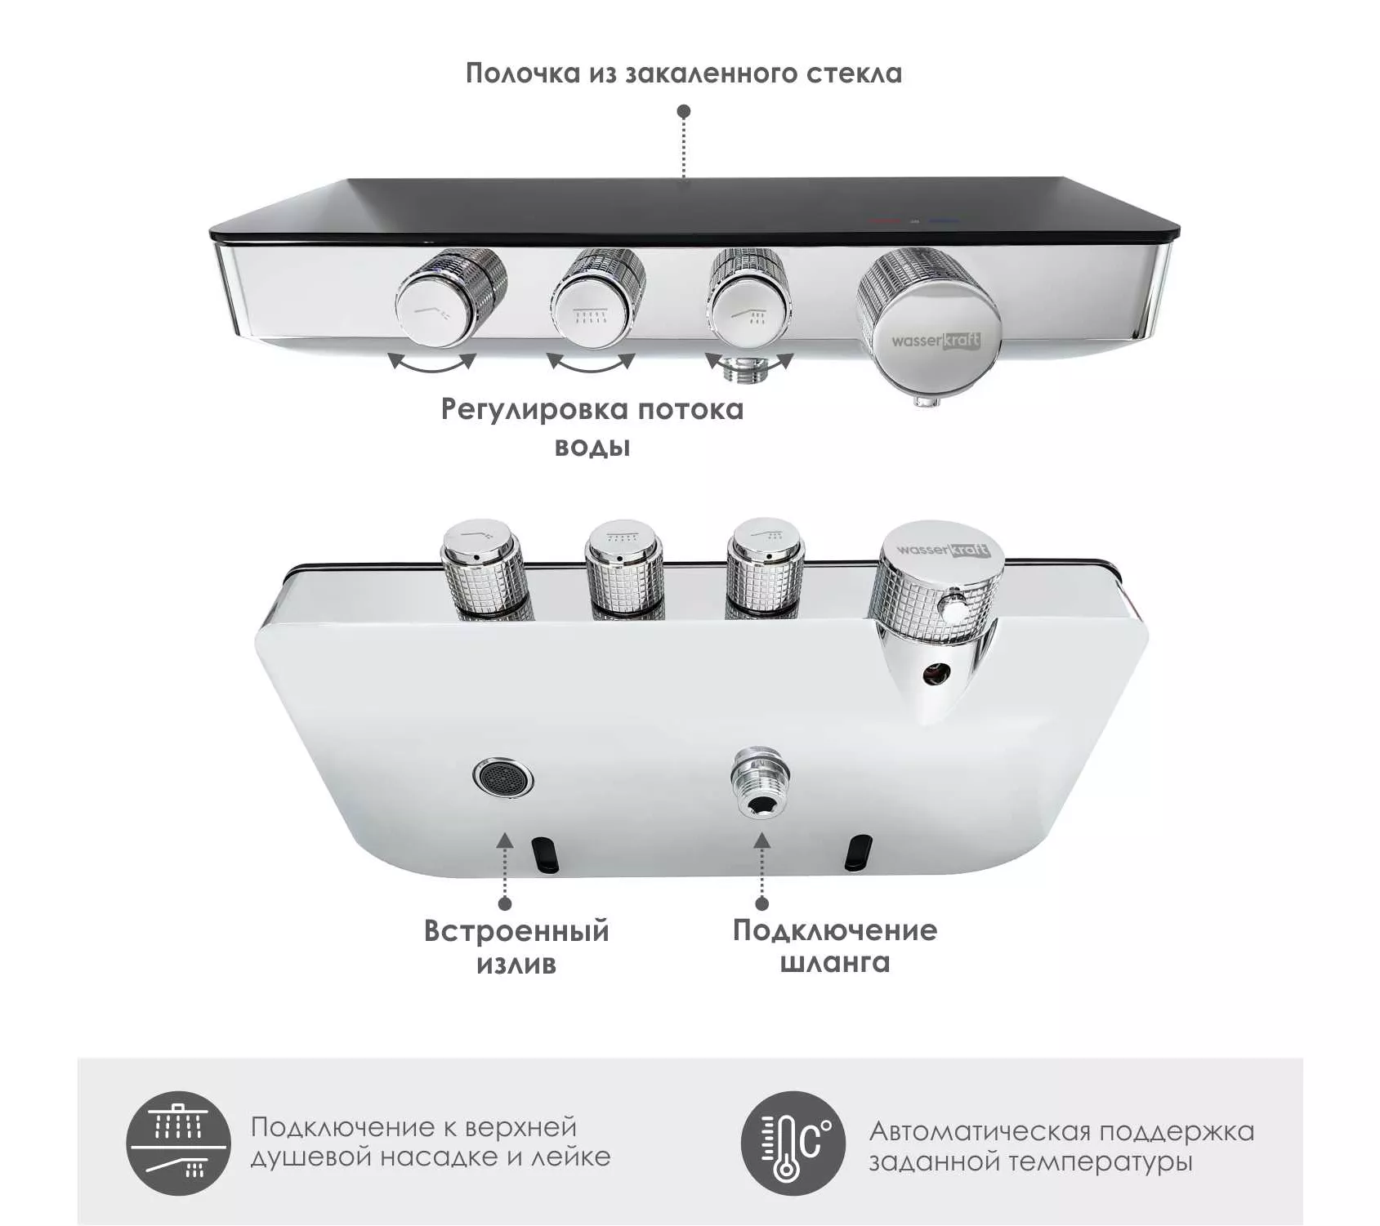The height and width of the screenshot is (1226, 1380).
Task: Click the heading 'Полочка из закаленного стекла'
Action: pyautogui.click(x=684, y=74)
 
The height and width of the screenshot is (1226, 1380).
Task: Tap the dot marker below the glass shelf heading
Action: pyautogui.click(x=684, y=111)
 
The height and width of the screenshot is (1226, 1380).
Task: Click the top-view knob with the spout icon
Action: pyautogui.click(x=450, y=296)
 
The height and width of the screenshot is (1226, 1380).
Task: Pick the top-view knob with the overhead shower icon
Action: pyautogui.click(x=598, y=296)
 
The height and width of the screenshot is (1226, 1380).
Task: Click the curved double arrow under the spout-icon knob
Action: pyautogui.click(x=431, y=363)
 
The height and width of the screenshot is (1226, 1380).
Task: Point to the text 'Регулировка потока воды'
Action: pyautogui.click(x=592, y=427)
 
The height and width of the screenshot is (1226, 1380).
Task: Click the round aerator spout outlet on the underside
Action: pyautogui.click(x=502, y=778)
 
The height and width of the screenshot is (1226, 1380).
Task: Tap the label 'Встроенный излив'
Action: pyautogui.click(x=516, y=947)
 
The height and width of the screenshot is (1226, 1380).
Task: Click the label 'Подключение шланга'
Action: pyautogui.click(x=834, y=946)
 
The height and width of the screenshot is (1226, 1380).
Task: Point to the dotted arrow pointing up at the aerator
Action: pyautogui.click(x=505, y=871)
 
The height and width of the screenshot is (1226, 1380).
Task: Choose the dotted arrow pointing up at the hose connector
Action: pyautogui.click(x=762, y=871)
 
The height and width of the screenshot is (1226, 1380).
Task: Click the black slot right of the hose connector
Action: pyautogui.click(x=859, y=853)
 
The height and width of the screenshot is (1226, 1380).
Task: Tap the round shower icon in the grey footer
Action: pyautogui.click(x=179, y=1143)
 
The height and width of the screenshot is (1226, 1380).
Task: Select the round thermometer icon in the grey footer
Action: pyautogui.click(x=793, y=1143)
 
